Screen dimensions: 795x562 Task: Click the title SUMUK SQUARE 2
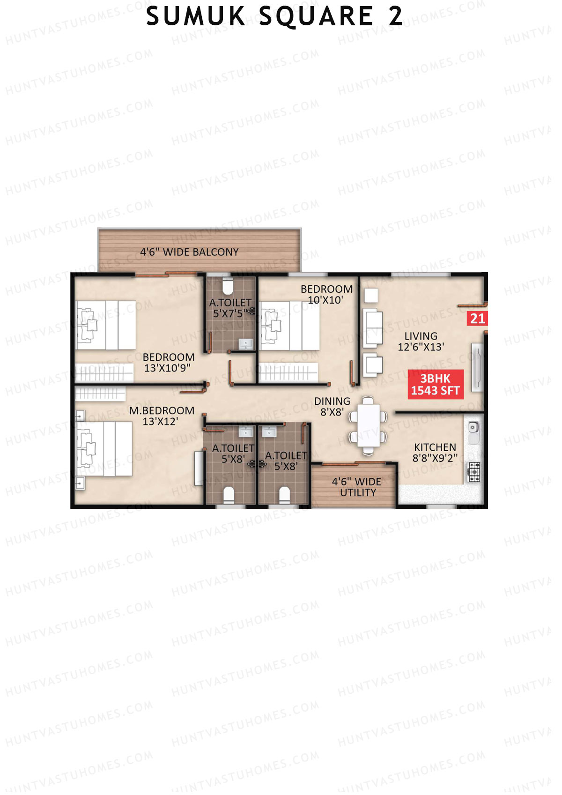click(x=274, y=17)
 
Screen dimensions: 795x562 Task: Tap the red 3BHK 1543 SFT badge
click(x=435, y=385)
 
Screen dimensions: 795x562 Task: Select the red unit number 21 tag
click(x=477, y=319)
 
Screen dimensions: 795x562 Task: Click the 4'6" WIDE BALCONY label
click(x=189, y=252)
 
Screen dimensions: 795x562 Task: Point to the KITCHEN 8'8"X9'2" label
click(x=435, y=453)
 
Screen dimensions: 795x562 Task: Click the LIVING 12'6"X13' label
click(x=421, y=342)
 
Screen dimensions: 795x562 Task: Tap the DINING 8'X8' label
click(x=332, y=407)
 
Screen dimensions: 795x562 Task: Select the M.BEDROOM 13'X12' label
click(x=161, y=416)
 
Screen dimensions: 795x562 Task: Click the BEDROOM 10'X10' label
click(x=326, y=295)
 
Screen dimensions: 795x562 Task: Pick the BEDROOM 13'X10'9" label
click(x=168, y=363)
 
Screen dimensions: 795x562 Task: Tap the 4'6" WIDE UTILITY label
click(x=357, y=487)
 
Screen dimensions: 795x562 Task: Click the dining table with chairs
click(x=369, y=425)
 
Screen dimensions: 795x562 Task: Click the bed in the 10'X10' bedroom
click(x=289, y=326)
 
